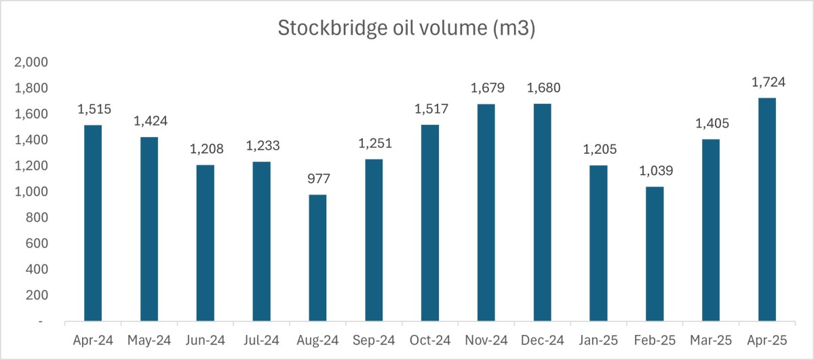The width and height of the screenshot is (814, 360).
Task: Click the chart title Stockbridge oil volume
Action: coord(406,28)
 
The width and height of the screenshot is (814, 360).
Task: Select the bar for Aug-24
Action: coord(317,258)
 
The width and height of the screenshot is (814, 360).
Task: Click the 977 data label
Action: coord(317,180)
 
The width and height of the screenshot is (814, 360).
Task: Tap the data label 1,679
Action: coord(486,89)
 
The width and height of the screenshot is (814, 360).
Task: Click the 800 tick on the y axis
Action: coord(37,218)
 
